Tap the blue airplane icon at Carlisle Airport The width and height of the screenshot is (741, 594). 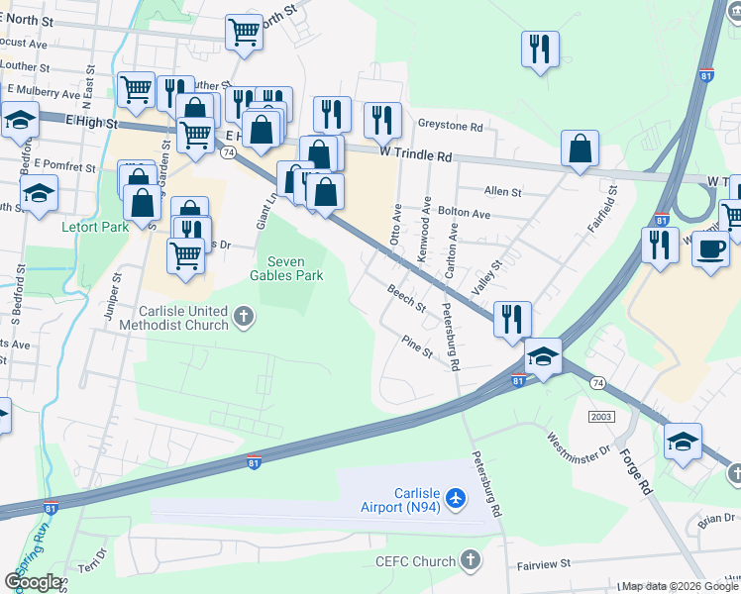tap(456, 498)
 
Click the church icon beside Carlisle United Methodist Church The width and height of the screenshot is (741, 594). tap(244, 318)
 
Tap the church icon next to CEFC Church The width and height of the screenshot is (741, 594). tap(470, 560)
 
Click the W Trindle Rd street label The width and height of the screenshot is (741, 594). tap(416, 156)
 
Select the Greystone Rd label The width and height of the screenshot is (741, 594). tap(450, 127)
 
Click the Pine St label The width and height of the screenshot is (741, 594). tap(417, 346)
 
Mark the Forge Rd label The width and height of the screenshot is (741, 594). tap(634, 473)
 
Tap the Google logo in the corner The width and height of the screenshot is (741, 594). tap(33, 582)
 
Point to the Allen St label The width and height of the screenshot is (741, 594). tap(502, 191)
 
